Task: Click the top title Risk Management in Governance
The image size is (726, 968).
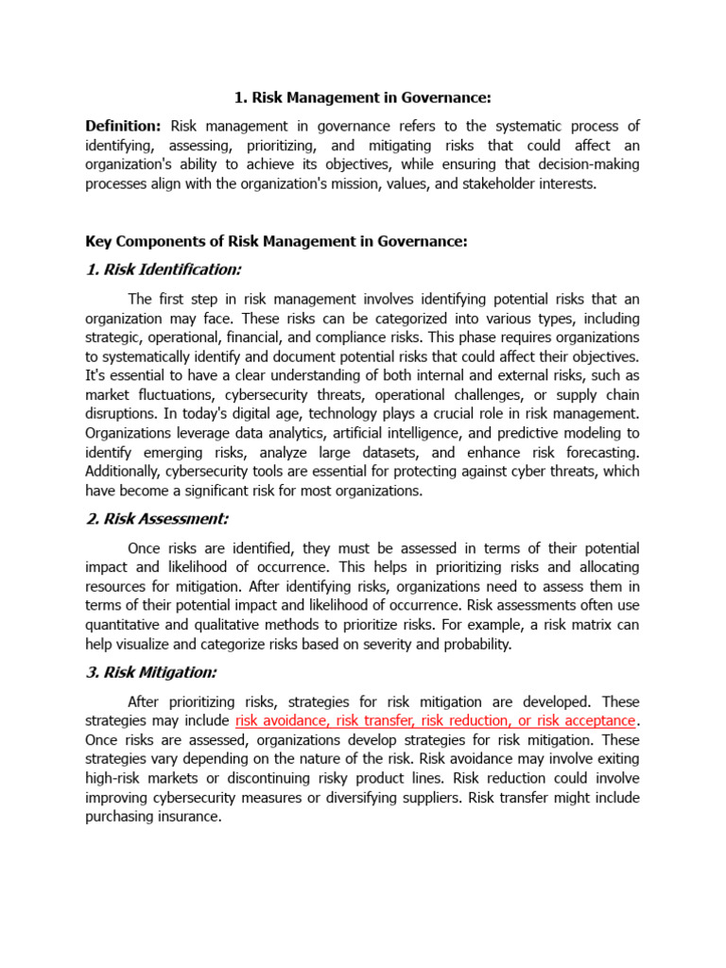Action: coord(363,97)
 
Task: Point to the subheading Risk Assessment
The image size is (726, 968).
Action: coord(157,519)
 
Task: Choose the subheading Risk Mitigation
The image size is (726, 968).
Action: coord(151,672)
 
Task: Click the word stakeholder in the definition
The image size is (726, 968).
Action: coord(495,184)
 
